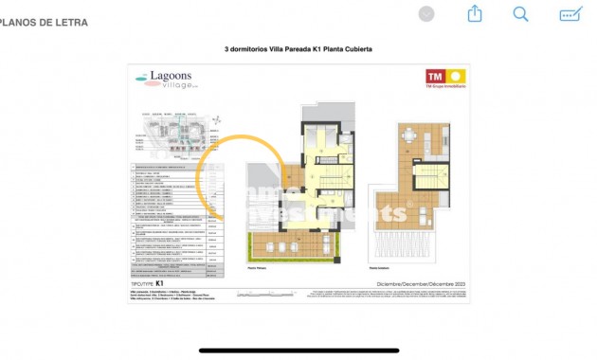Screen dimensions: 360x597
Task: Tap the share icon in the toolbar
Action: pos(475,13)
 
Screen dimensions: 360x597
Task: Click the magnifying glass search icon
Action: pos(520,13)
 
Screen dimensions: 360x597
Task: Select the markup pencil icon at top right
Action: pos(570,13)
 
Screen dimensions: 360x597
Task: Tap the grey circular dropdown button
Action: pos(426,13)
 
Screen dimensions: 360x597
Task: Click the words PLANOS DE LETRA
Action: pos(45,23)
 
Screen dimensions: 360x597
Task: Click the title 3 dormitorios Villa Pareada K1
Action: pos(298,49)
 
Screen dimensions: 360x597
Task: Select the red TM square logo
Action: pos(435,76)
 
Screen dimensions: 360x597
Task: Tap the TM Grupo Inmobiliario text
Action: pos(445,88)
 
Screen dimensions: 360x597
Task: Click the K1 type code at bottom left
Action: pos(160,283)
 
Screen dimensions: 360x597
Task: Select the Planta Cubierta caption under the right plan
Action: pos(381,270)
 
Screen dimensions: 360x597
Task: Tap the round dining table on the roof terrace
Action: pos(409,135)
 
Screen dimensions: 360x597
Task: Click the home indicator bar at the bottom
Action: pos(298,350)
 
